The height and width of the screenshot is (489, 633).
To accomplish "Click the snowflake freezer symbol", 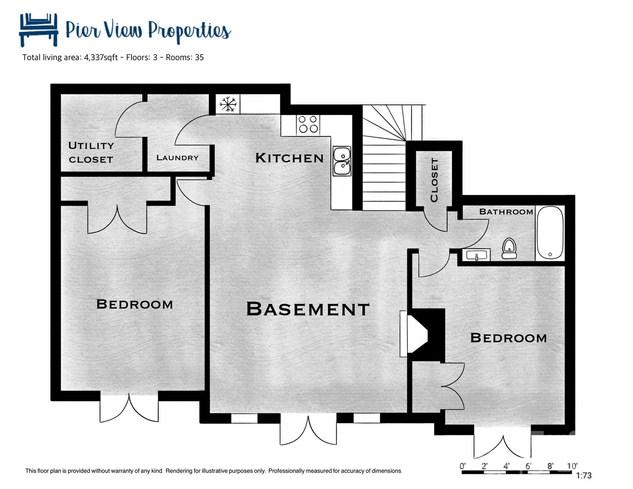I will pyautogui.click(x=228, y=104).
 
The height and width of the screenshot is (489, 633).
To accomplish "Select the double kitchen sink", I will pyautogui.click(x=342, y=161).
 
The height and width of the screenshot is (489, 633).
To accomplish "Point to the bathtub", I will pyautogui.click(x=550, y=233).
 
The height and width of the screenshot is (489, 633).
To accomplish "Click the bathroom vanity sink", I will pyautogui.click(x=476, y=255).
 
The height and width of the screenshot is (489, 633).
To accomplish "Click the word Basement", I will pyautogui.click(x=308, y=309).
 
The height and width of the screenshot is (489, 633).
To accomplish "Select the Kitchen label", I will pyautogui.click(x=289, y=158).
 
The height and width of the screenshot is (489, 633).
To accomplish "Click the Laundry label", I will pyautogui.click(x=177, y=158).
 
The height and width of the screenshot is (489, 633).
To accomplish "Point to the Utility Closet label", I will pyautogui.click(x=91, y=152).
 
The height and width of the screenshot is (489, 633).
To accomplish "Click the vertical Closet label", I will pyautogui.click(x=434, y=180).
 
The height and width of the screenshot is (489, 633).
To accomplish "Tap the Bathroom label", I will pyautogui.click(x=506, y=212).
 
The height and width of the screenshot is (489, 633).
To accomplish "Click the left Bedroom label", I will pyautogui.click(x=134, y=304).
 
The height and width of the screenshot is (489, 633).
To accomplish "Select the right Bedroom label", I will pyautogui.click(x=509, y=338).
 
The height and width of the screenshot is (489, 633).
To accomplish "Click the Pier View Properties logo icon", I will pyautogui.click(x=39, y=29).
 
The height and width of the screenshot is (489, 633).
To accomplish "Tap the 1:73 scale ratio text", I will pyautogui.click(x=584, y=476).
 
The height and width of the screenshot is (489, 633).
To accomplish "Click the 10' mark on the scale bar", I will pyautogui.click(x=572, y=466).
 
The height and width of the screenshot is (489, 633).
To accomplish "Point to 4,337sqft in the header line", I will pyautogui.click(x=101, y=58).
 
